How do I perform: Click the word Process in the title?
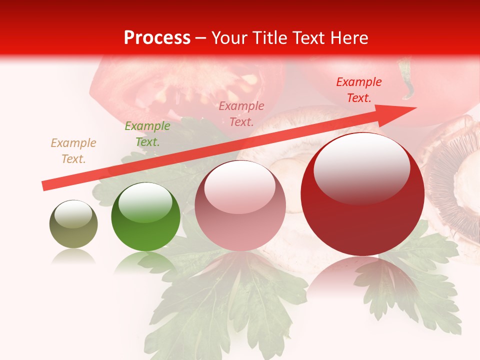(157, 38)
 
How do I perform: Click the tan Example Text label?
(73, 151)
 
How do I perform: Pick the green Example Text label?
(147, 134)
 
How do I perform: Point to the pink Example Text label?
(241, 113)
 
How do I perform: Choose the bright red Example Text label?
(359, 90)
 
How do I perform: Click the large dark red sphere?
(362, 200)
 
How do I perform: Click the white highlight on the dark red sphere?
(361, 167)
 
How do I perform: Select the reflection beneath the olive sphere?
(73, 257)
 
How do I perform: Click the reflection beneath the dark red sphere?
(362, 275)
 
